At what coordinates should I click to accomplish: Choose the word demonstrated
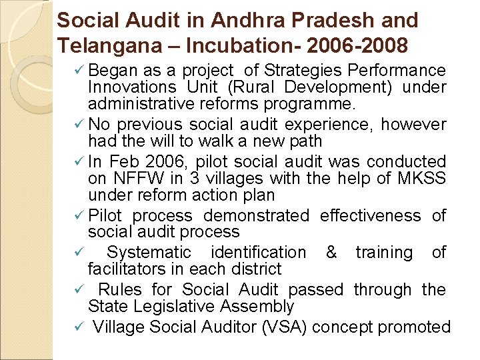(256, 216)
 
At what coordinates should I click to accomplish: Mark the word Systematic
(149, 253)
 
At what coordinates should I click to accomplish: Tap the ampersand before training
(331, 253)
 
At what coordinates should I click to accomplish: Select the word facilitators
(127, 269)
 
